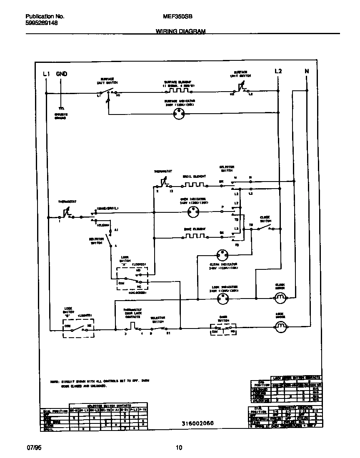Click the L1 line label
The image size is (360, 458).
pos(46,74)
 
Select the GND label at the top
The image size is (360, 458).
pos(61,74)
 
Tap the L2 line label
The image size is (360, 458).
pos(278,71)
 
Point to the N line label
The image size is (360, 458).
pos(307,71)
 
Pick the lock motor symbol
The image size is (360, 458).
pos(280,325)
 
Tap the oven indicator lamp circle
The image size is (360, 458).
pos(192,213)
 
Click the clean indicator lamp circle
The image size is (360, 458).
pos(222,254)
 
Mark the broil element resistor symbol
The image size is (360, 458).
pos(195,184)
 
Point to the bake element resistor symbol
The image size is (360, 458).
pos(195,236)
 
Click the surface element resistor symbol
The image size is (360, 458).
pos(178,90)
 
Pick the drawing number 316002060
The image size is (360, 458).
pos(197,423)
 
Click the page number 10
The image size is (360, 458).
pos(179,448)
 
